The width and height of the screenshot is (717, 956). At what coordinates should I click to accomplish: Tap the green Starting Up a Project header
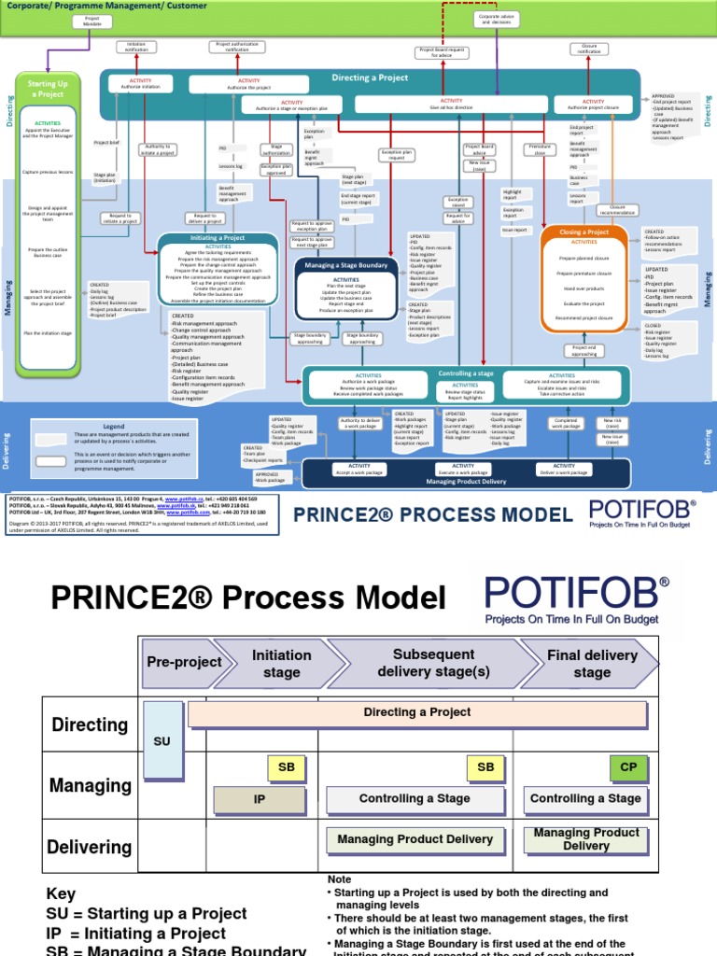click(x=49, y=89)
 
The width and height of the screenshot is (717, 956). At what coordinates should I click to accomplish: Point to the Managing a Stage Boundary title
click(x=345, y=266)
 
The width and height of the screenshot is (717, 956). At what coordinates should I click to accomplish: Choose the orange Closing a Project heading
click(x=585, y=232)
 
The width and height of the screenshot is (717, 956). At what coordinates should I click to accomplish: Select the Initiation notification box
click(x=137, y=46)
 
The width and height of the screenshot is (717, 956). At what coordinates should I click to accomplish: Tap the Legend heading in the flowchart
click(x=113, y=426)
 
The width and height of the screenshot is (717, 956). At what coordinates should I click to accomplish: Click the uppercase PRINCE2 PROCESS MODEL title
click(x=433, y=514)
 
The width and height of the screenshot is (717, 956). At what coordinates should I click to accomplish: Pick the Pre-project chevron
click(x=184, y=662)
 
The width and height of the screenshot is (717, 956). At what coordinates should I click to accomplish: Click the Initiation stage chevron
click(x=281, y=663)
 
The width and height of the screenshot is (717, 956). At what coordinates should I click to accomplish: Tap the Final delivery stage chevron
click(x=591, y=663)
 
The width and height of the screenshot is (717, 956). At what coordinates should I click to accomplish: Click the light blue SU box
click(x=162, y=741)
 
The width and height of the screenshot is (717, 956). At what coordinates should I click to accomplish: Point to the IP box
click(x=260, y=800)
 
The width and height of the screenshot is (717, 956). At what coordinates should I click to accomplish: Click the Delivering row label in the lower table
click(x=90, y=847)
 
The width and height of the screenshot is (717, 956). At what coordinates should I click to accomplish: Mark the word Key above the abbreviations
click(x=61, y=893)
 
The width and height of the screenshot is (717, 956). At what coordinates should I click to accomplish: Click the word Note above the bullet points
click(x=339, y=879)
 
